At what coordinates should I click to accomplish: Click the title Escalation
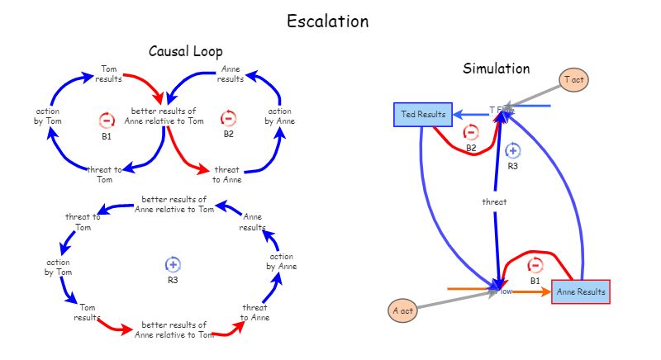[x=327, y=21]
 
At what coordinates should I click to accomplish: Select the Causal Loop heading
[x=185, y=51]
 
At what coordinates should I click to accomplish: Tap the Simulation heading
[x=496, y=69]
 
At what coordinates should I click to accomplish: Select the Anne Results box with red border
[x=581, y=291]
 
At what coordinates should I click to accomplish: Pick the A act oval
[x=402, y=310]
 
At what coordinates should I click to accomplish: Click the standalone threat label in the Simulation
[x=494, y=201]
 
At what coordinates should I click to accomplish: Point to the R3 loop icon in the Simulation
[x=512, y=150]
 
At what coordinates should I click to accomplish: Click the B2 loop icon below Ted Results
[x=470, y=132]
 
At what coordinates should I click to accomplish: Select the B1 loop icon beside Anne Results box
[x=535, y=265]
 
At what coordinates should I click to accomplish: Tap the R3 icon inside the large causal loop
[x=173, y=264]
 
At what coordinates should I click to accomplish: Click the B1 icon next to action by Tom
[x=107, y=121]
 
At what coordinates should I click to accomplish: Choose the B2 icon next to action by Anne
[x=229, y=119]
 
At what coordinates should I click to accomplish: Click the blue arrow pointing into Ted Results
[x=471, y=115]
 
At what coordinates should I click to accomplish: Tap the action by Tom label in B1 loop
[x=47, y=116]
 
